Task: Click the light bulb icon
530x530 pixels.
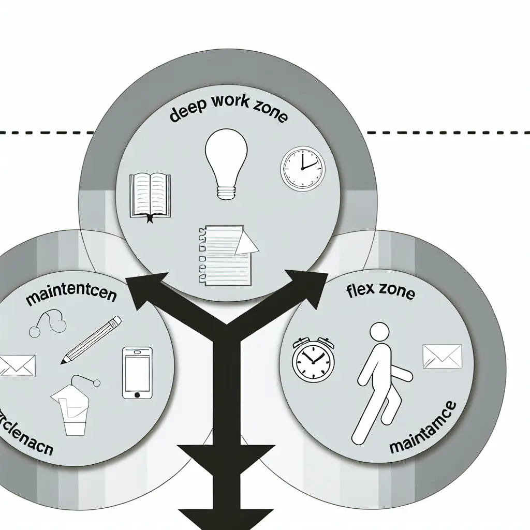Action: click(223, 161)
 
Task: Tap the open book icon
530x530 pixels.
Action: click(150, 195)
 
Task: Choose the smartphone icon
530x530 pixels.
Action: click(137, 373)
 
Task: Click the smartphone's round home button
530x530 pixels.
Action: click(137, 394)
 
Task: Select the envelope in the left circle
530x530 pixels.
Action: click(17, 365)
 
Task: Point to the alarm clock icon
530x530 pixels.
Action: click(312, 359)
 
